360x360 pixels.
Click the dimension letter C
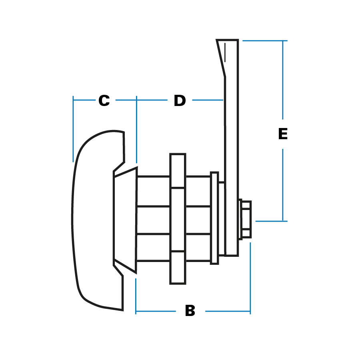(x=104, y=101)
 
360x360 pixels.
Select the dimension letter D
(x=180, y=101)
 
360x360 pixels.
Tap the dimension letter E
(x=283, y=134)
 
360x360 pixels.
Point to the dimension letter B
(x=190, y=311)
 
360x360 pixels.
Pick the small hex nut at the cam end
(x=245, y=219)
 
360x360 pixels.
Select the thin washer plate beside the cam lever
(x=214, y=218)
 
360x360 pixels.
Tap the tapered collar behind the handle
(x=125, y=220)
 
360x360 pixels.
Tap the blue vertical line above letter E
(x=283, y=80)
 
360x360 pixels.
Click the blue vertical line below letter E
(x=283, y=184)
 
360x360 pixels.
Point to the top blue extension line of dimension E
(x=264, y=41)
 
